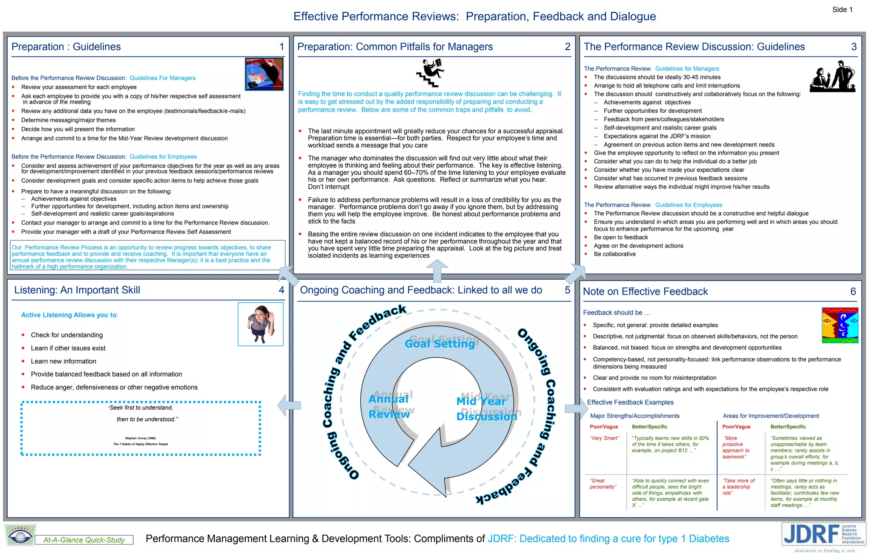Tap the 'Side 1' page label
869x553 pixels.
pos(842,10)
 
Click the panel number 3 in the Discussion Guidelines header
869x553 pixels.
pos(854,47)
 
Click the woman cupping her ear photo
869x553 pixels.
pos(261,324)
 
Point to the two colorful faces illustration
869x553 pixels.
pos(840,325)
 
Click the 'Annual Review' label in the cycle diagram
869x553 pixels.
pos(389,406)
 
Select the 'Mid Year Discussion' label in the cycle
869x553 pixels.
pos(486,408)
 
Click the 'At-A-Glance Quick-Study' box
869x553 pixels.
pos(84,540)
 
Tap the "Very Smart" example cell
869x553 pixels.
pos(604,438)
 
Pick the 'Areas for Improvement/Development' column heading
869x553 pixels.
pos(771,416)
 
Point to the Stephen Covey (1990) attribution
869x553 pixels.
pos(140,438)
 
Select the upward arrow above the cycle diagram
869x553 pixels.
pos(437,270)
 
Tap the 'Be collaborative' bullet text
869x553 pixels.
pos(614,254)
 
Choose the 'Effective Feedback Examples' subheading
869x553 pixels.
pos(630,402)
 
